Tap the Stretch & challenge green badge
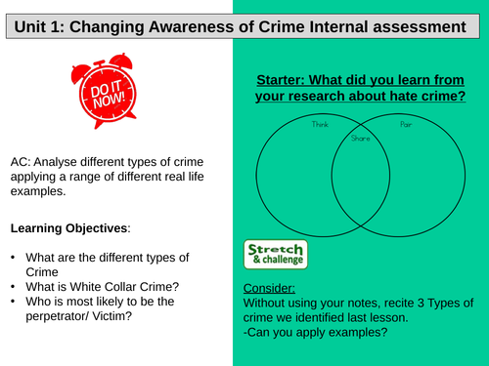274,254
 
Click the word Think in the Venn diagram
321,125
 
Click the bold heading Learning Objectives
67,228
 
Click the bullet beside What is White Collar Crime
15,284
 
